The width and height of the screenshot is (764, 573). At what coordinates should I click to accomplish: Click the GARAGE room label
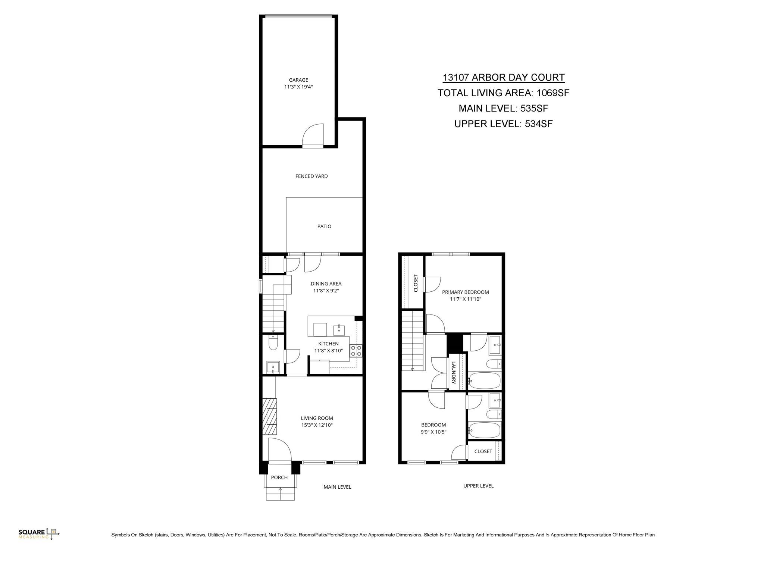(298, 80)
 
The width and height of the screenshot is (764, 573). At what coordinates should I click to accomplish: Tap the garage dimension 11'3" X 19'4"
(298, 87)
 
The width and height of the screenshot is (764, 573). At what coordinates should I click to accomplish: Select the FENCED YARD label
(311, 176)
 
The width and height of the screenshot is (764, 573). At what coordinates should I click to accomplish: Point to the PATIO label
(324, 226)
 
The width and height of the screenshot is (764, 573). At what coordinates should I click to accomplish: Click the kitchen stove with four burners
(356, 351)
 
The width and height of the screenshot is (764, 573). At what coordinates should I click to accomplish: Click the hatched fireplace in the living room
(269, 416)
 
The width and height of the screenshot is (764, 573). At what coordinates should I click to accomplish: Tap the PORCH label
(279, 477)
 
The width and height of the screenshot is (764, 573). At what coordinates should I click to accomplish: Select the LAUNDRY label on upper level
(454, 372)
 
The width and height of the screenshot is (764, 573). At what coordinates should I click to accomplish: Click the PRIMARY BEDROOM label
(465, 292)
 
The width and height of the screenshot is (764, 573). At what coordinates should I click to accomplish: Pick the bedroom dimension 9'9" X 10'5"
(433, 432)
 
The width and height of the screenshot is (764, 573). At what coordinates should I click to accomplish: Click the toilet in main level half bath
(273, 343)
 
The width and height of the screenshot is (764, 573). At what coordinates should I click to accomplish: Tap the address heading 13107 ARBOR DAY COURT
(504, 78)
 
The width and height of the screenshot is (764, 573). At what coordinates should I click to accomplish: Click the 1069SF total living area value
(552, 93)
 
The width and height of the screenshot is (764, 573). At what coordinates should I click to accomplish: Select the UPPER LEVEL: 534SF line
(503, 124)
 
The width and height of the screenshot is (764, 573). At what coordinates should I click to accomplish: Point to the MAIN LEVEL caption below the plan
(337, 487)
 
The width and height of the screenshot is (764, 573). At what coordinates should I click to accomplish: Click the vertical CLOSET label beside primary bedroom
(416, 283)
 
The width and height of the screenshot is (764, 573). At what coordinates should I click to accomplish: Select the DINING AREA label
(326, 284)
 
